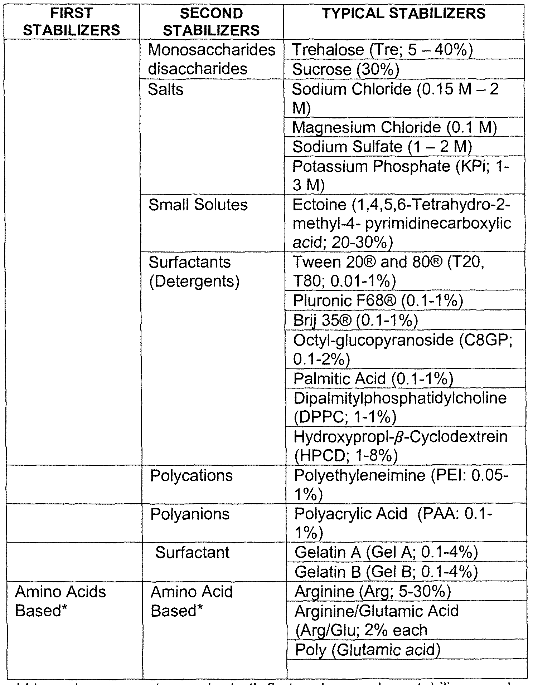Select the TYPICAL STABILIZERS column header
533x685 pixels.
404,14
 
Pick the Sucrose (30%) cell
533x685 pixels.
345,69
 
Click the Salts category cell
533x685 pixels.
166,89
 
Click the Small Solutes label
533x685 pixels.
198,205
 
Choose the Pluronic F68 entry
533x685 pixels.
378,301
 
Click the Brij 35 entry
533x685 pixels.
355,320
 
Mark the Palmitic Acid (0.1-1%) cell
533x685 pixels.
373,378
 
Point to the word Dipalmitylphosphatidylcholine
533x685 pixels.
400,398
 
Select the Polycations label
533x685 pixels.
192,476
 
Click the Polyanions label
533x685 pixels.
190,514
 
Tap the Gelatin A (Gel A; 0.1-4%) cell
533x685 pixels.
386,553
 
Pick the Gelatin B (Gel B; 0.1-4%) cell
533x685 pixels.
386,572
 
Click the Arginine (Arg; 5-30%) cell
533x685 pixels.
372,592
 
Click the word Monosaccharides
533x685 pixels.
212,50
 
